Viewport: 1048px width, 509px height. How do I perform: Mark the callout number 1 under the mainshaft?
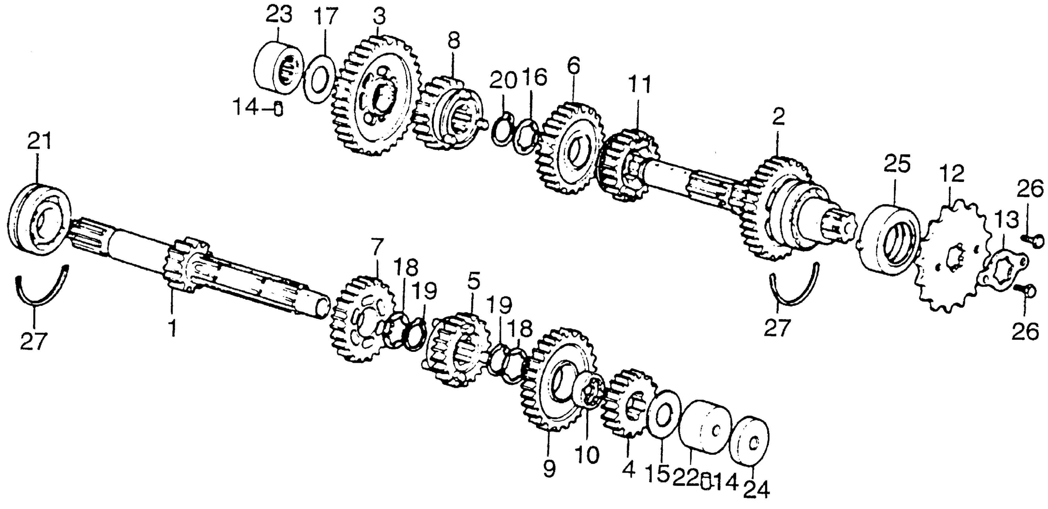click(173, 328)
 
